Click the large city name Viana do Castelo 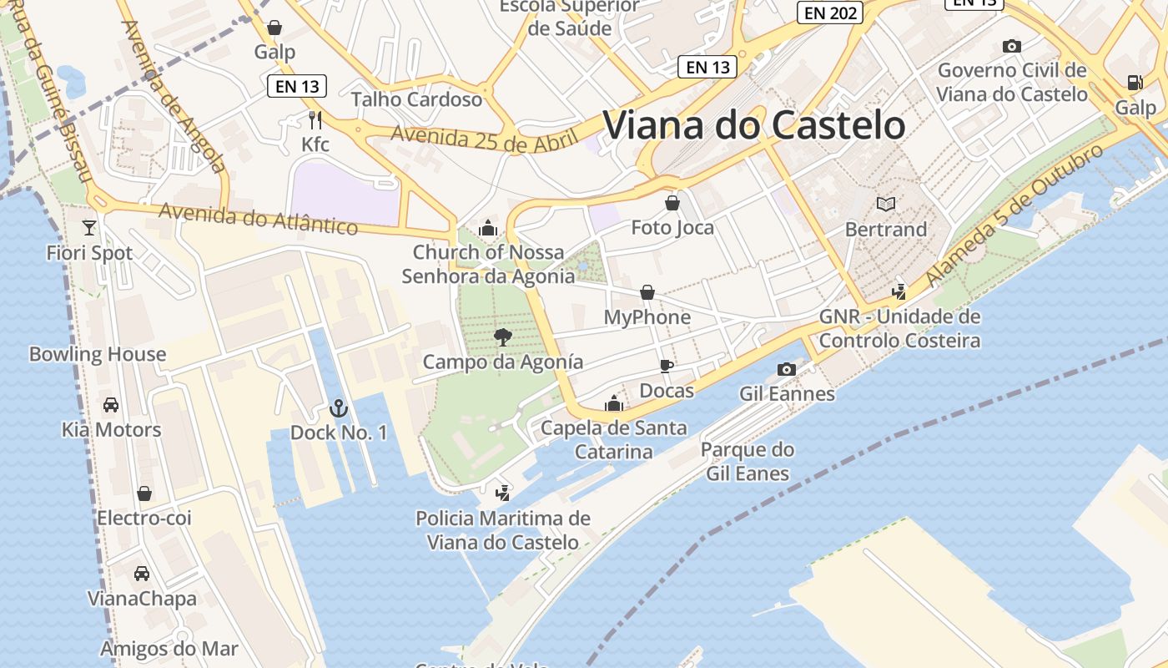pyautogui.click(x=753, y=125)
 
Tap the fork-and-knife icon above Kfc pyautogui.click(x=315, y=120)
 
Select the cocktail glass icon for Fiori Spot pyautogui.click(x=89, y=227)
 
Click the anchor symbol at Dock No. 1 pyautogui.click(x=338, y=408)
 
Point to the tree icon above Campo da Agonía pyautogui.click(x=502, y=337)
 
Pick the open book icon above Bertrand pyautogui.click(x=885, y=204)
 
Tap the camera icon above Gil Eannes pyautogui.click(x=786, y=369)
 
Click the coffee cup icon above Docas pyautogui.click(x=666, y=366)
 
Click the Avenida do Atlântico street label pyautogui.click(x=258, y=218)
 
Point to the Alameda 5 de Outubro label pyautogui.click(x=1014, y=215)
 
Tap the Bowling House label pyautogui.click(x=98, y=354)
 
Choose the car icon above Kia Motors pyautogui.click(x=110, y=405)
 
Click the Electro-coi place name pyautogui.click(x=144, y=518)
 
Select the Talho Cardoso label pyautogui.click(x=416, y=99)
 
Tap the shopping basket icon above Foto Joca pyautogui.click(x=672, y=203)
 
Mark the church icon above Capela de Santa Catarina pyautogui.click(x=614, y=403)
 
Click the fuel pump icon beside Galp pyautogui.click(x=1135, y=83)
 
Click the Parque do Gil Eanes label pyautogui.click(x=748, y=462)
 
